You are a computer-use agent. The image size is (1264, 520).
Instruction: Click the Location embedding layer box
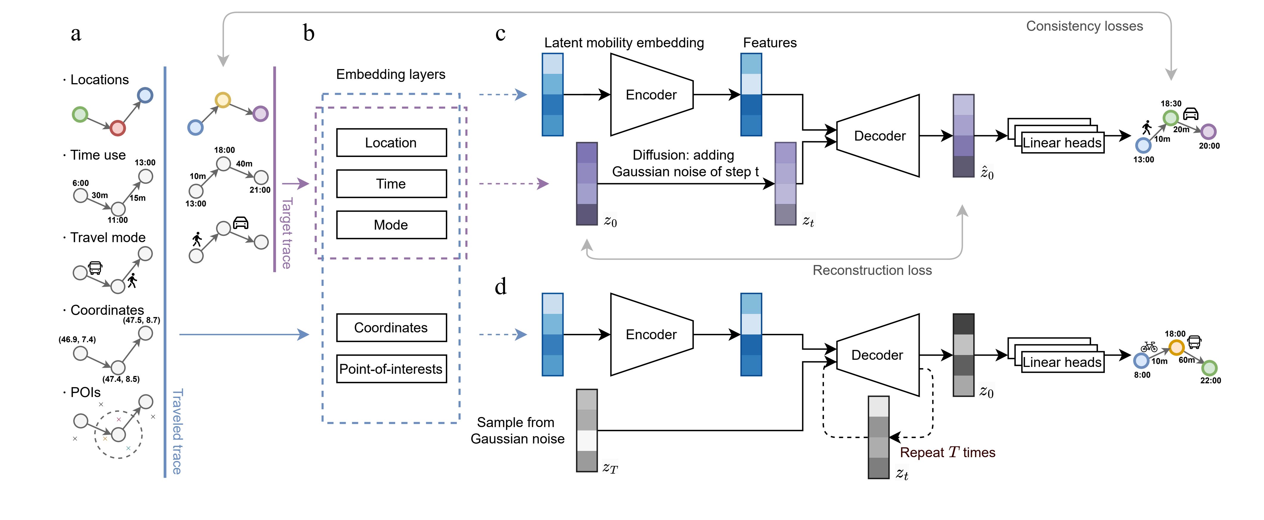click(x=391, y=143)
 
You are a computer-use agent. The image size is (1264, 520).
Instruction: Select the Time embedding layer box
click(x=391, y=184)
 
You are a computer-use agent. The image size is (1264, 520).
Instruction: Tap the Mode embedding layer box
click(x=391, y=225)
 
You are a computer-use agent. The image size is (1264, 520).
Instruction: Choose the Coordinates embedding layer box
click(x=391, y=328)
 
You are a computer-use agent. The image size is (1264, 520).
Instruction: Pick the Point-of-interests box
click(x=391, y=369)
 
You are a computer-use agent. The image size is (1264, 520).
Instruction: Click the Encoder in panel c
click(x=651, y=95)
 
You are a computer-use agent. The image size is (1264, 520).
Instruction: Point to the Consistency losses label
click(x=1084, y=26)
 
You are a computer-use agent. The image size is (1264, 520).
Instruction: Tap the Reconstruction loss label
click(x=872, y=270)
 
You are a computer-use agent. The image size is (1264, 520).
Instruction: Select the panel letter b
click(x=309, y=33)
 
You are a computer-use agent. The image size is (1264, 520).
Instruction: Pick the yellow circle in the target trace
click(x=223, y=100)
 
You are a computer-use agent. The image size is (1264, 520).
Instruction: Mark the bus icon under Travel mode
click(x=95, y=268)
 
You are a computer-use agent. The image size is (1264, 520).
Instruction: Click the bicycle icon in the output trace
click(x=1149, y=347)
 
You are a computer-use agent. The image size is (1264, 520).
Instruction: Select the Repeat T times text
click(x=947, y=452)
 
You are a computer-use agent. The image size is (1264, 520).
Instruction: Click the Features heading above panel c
click(x=769, y=43)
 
